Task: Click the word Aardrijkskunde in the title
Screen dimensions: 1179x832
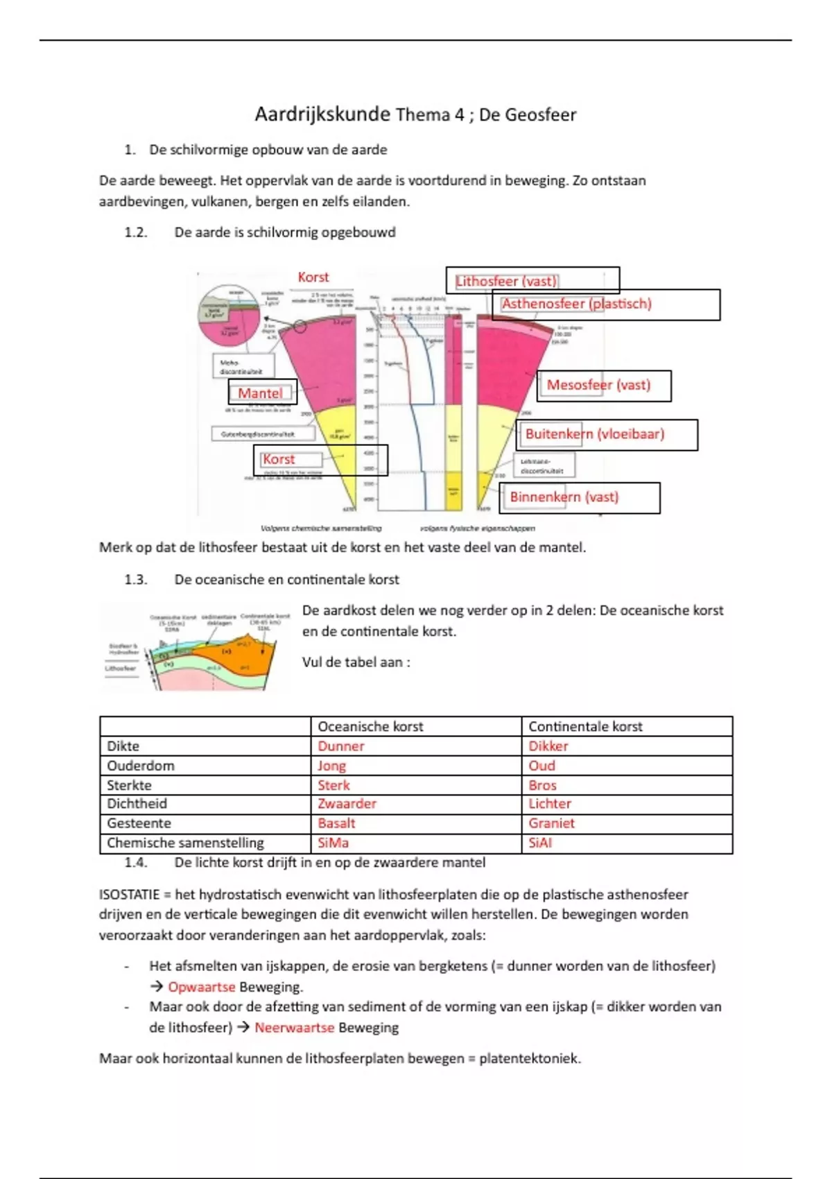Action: [x=322, y=114]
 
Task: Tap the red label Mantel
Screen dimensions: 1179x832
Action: [x=260, y=393]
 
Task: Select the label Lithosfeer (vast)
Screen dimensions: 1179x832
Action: [x=506, y=281]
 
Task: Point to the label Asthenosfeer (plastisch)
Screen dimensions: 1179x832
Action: [x=577, y=304]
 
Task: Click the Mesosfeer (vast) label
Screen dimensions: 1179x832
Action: [x=598, y=385]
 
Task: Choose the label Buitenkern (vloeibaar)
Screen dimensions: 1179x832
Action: [x=594, y=434]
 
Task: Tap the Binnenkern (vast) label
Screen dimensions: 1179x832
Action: [x=564, y=497]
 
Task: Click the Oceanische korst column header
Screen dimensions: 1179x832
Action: [x=370, y=726]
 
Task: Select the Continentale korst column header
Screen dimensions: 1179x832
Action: [x=585, y=726]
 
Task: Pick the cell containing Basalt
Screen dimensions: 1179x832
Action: [x=337, y=823]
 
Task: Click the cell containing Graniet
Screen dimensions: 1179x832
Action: [x=552, y=823]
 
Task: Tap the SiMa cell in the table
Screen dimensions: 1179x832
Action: [x=333, y=843]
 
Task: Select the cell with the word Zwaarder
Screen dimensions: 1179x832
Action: [x=347, y=804]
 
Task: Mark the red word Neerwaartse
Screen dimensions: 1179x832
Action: [x=294, y=1028]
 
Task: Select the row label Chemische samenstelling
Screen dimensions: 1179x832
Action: [x=185, y=843]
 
